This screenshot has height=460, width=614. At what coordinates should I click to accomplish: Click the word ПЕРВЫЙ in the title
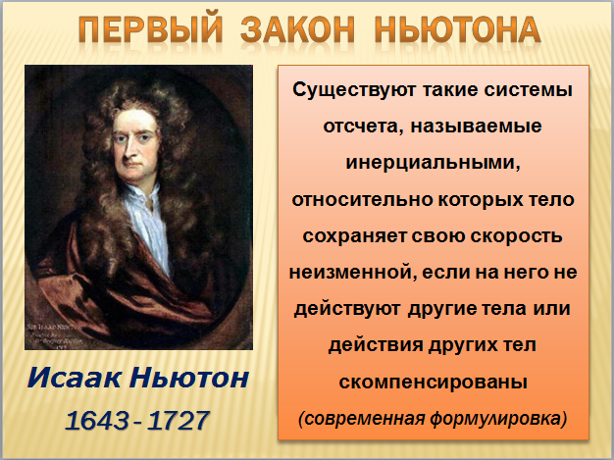click(x=150, y=29)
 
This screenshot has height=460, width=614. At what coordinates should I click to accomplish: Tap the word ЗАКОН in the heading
click(x=297, y=29)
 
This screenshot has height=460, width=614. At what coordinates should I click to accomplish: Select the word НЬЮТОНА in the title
click(x=458, y=29)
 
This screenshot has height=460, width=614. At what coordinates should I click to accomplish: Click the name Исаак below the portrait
click(x=74, y=378)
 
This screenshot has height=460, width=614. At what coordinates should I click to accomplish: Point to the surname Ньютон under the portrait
click(x=189, y=378)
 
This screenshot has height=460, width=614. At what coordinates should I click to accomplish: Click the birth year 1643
click(x=97, y=421)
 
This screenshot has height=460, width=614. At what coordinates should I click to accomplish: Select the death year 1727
click(x=179, y=421)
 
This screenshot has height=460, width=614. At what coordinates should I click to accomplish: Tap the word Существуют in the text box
click(x=354, y=90)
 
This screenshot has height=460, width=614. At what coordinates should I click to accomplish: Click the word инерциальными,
click(x=434, y=163)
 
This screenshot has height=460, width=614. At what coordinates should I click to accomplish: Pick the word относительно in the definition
click(x=362, y=200)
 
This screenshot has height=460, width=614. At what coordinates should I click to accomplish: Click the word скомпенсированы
click(x=434, y=382)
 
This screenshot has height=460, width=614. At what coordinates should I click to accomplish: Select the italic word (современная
click(x=361, y=419)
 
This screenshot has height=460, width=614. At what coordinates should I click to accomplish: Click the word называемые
click(x=477, y=127)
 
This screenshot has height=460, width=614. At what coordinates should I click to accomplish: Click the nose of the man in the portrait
click(x=128, y=151)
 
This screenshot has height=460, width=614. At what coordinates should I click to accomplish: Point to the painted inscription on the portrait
click(x=55, y=335)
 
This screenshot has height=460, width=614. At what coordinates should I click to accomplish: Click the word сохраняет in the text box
click(x=354, y=236)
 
